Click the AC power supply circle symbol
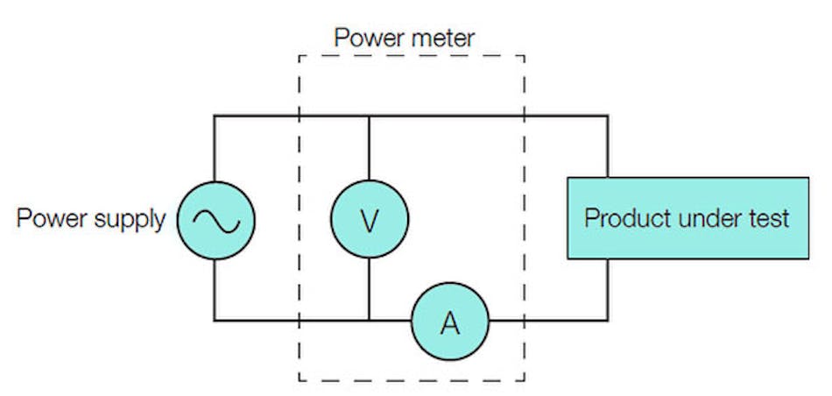pos(215,220)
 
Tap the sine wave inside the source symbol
pos(215,221)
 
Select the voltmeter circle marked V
pos(369,220)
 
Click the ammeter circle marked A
pos(450,322)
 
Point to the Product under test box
pos(687,218)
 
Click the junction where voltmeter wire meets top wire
pos(369,116)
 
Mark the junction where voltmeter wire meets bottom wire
pos(369,321)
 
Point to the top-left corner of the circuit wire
pos(215,116)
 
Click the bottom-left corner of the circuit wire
pos(215,321)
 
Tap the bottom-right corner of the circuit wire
pos(607,321)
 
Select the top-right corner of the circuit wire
pos(607,116)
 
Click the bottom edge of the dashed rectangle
pos(412,380)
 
